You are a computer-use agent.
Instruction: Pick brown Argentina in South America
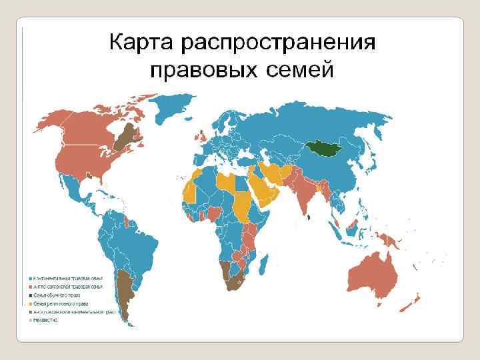[124, 293]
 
